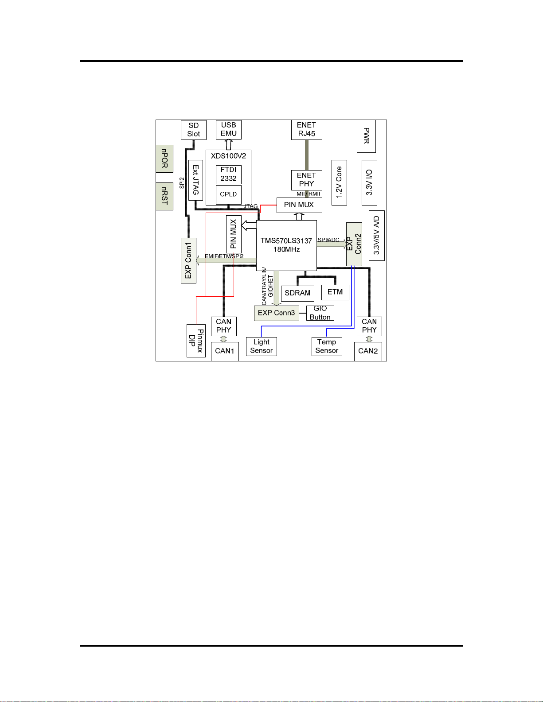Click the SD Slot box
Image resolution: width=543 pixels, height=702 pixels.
[x=194, y=130]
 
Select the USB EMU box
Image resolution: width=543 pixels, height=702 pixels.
[x=229, y=129]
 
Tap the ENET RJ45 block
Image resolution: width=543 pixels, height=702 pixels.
[x=306, y=129]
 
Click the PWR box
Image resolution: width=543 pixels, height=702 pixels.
[x=366, y=136]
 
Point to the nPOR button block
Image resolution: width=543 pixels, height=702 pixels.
[x=164, y=159]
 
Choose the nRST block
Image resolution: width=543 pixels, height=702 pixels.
[x=164, y=196]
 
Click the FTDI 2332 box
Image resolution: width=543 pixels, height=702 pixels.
[x=229, y=175]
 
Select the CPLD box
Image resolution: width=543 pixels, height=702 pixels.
[x=229, y=194]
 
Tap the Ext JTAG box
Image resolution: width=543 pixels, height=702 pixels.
[x=195, y=180]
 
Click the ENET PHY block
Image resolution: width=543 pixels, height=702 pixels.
[x=306, y=180]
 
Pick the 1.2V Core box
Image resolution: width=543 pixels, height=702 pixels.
[x=339, y=182]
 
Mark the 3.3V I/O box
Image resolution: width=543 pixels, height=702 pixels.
[x=369, y=182]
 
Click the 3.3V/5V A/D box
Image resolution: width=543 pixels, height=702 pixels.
[x=376, y=236]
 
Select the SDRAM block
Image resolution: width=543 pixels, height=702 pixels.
[x=297, y=293]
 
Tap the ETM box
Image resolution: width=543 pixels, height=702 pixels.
[x=335, y=292]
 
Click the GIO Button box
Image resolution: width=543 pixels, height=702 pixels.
[x=320, y=313]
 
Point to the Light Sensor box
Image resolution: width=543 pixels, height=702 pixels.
[x=261, y=347]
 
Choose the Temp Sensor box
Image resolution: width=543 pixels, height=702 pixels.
[x=327, y=347]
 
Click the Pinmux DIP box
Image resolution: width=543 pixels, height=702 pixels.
[x=196, y=341]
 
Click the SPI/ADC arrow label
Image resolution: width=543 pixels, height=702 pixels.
[x=328, y=240]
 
